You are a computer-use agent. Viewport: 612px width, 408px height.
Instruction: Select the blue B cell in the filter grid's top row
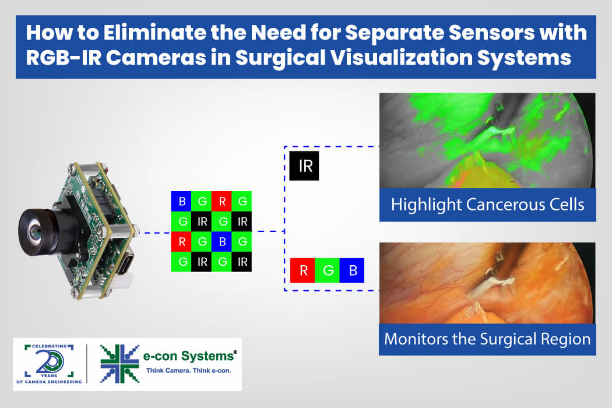pos(181,201)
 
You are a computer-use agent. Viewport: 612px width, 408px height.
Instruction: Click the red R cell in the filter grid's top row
pos(221,201)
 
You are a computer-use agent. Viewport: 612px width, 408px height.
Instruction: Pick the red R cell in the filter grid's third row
pos(181,242)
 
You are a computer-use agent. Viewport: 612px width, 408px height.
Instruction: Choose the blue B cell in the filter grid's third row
pos(221,242)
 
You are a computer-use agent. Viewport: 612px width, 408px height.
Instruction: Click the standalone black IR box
pos(304,166)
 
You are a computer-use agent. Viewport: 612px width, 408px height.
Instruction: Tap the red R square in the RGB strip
pos(303,270)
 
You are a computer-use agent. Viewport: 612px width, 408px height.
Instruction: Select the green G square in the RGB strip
pos(327,270)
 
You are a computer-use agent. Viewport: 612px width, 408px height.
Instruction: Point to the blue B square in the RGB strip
pos(352,270)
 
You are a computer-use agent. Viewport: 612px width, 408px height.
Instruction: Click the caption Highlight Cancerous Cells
pos(487,205)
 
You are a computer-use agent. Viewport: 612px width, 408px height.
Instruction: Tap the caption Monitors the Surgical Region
pos(487,339)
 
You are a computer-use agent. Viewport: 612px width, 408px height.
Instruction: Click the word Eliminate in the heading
pos(154,33)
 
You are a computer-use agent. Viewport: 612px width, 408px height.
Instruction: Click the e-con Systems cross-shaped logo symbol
pos(119,364)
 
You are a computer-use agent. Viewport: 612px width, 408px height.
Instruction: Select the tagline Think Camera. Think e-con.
pos(188,371)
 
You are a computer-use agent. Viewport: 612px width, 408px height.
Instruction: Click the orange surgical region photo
pos(487,283)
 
